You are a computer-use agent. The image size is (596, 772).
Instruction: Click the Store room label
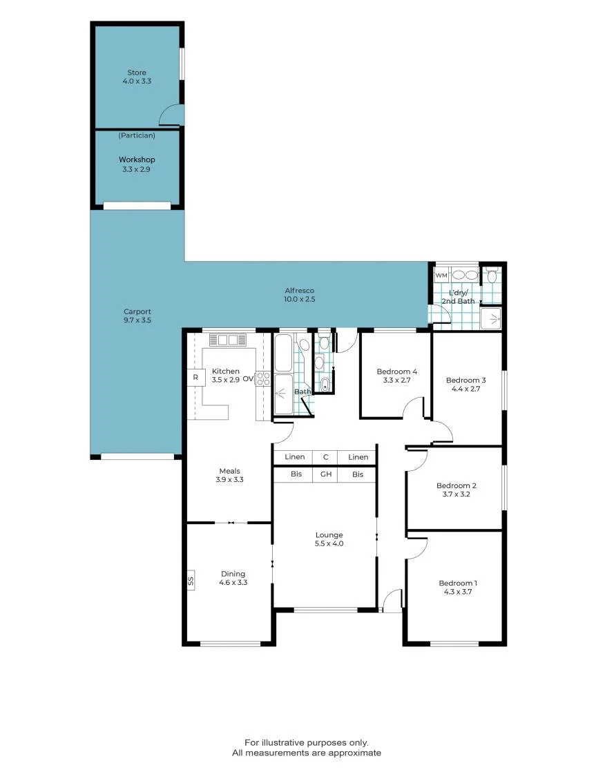[x=137, y=73]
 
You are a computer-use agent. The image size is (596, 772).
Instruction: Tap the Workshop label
[x=137, y=160]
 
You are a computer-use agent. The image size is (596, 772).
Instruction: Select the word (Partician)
[x=137, y=135]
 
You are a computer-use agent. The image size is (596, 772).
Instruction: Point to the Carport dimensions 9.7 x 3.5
[x=137, y=320]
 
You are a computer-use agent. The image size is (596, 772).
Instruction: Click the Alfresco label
[x=300, y=291]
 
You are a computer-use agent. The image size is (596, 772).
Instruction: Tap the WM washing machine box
[x=441, y=276]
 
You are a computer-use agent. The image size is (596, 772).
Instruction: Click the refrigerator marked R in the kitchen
[x=195, y=378]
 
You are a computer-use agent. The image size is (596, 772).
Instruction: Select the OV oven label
[x=248, y=379]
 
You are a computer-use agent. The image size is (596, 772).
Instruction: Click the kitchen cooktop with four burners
[x=263, y=378]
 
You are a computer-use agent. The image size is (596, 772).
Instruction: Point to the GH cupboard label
[x=326, y=474]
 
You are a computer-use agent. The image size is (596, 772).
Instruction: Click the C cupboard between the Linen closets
[x=325, y=457]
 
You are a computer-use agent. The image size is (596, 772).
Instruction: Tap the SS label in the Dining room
[x=191, y=581]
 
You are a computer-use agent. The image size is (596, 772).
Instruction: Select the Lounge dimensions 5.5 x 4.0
[x=329, y=543]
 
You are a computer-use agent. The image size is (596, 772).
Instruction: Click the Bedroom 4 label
[x=397, y=371]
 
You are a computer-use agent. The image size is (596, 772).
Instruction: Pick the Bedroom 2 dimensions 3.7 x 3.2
[x=456, y=494]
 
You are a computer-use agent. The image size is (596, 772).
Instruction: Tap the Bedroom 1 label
[x=458, y=583]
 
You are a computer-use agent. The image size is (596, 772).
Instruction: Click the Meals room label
[x=229, y=471]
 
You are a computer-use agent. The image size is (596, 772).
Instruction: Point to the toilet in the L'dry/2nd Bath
[x=491, y=275]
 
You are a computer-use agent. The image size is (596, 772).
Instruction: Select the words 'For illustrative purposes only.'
[x=307, y=742]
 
